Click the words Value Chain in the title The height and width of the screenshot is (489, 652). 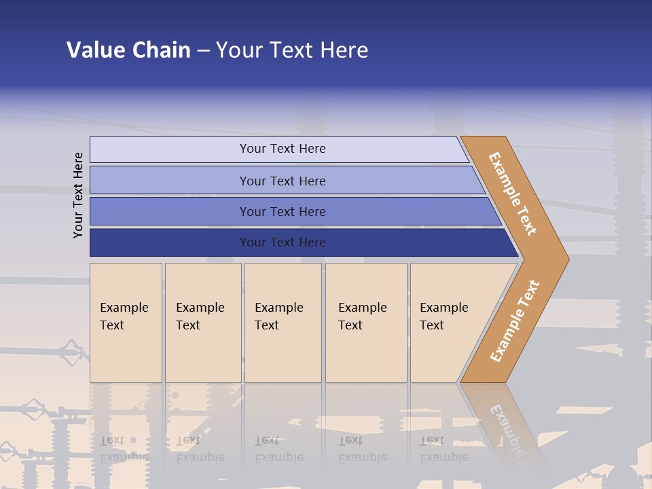click(128, 50)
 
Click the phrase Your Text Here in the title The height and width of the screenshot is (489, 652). click(292, 50)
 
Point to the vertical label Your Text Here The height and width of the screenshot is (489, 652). click(78, 195)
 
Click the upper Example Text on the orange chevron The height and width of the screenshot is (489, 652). click(513, 193)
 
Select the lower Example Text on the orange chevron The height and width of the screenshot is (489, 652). click(514, 321)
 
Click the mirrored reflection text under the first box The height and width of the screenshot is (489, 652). click(124, 449)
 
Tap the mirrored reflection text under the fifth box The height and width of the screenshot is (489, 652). click(443, 449)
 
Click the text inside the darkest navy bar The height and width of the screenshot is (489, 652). click(283, 242)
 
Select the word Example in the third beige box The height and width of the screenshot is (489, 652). click(278, 308)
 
